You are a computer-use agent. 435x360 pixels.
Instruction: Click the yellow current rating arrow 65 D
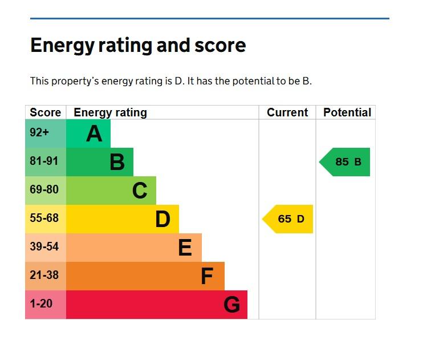pyautogui.click(x=288, y=219)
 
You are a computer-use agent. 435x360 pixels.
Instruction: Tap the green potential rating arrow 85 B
pyautogui.click(x=344, y=162)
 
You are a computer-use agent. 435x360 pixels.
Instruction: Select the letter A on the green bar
pyautogui.click(x=94, y=134)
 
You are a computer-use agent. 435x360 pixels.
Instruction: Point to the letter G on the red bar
pyautogui.click(x=231, y=305)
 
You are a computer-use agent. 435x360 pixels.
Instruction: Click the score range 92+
pyautogui.click(x=39, y=132)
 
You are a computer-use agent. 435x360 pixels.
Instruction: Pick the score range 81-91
pyautogui.click(x=44, y=161)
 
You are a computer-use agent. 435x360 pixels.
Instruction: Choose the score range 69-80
pyautogui.click(x=44, y=189)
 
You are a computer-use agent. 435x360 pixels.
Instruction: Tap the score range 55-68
pyautogui.click(x=44, y=218)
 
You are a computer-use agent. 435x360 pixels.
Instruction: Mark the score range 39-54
pyautogui.click(x=44, y=246)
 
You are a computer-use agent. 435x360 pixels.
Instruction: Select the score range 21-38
pyautogui.click(x=44, y=275)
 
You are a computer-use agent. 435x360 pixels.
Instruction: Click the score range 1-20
pyautogui.click(x=41, y=304)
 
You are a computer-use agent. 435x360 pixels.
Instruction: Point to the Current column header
pyautogui.click(x=287, y=112)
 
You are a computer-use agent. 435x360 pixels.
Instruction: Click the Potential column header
pyautogui.click(x=347, y=112)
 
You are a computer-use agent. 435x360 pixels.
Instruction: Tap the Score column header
pyautogui.click(x=45, y=112)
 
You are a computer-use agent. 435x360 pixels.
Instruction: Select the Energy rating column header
pyautogui.click(x=111, y=113)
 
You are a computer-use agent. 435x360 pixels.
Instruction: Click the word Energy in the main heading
pyautogui.click(x=63, y=46)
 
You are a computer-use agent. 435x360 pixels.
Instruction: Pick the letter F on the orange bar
pyautogui.click(x=207, y=276)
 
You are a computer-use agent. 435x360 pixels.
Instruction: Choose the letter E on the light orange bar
pyautogui.click(x=185, y=247)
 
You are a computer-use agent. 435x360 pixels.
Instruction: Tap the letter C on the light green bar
pyautogui.click(x=140, y=191)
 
